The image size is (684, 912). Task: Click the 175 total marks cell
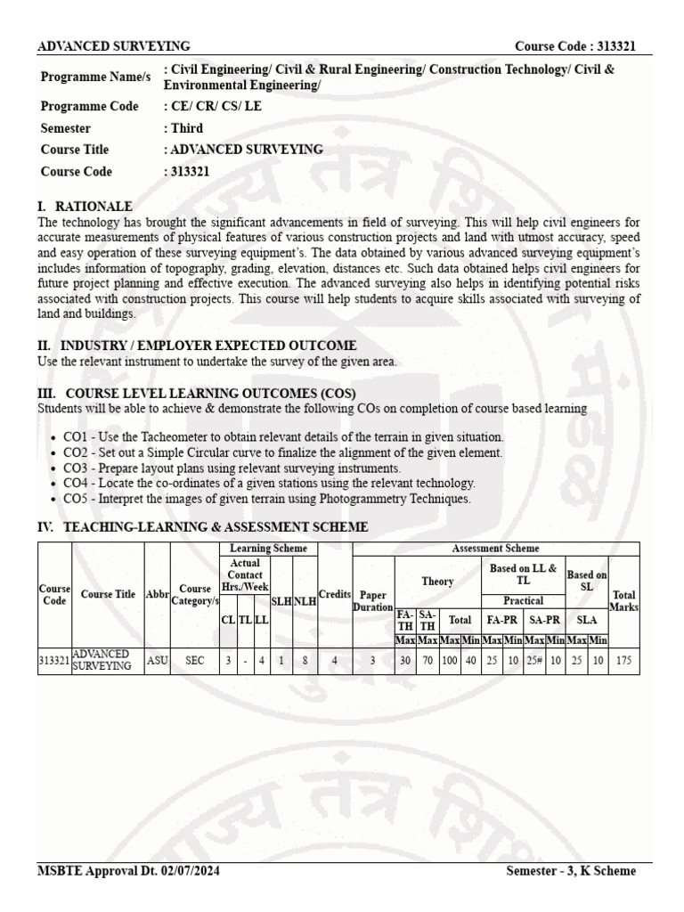click(x=624, y=660)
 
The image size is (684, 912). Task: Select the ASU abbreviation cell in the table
click(x=157, y=660)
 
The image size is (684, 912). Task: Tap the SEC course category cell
click(x=194, y=660)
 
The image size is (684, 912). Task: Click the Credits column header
click(x=335, y=594)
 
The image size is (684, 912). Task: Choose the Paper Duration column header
click(x=373, y=600)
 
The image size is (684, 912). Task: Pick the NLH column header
click(x=305, y=601)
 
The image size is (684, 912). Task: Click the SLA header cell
click(x=586, y=620)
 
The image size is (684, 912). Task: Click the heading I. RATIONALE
click(x=85, y=206)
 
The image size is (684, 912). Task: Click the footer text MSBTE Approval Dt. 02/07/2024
click(x=128, y=870)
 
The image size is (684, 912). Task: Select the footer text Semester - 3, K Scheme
click(x=570, y=870)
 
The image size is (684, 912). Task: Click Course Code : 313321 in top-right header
click(x=575, y=46)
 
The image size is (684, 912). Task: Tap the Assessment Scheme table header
click(x=495, y=549)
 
